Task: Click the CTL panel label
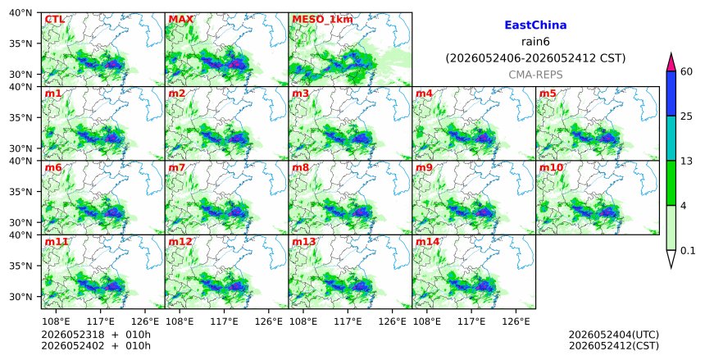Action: (54, 20)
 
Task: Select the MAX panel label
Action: (180, 20)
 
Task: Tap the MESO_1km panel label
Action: (322, 20)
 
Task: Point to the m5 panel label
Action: (548, 93)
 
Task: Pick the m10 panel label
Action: (551, 168)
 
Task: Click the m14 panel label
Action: (427, 242)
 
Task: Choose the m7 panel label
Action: (177, 168)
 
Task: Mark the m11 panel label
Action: (57, 242)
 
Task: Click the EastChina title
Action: (535, 25)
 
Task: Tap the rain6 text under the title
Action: (535, 42)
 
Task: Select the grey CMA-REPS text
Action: (535, 75)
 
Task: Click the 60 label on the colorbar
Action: (687, 71)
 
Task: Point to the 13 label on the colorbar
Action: (687, 161)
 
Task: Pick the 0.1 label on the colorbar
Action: (688, 251)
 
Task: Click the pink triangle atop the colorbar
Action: (671, 63)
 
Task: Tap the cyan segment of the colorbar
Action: (671, 138)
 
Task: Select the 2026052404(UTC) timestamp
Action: (614, 335)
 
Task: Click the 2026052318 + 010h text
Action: (96, 335)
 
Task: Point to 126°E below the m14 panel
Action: (516, 321)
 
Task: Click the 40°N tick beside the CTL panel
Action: (20, 12)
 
